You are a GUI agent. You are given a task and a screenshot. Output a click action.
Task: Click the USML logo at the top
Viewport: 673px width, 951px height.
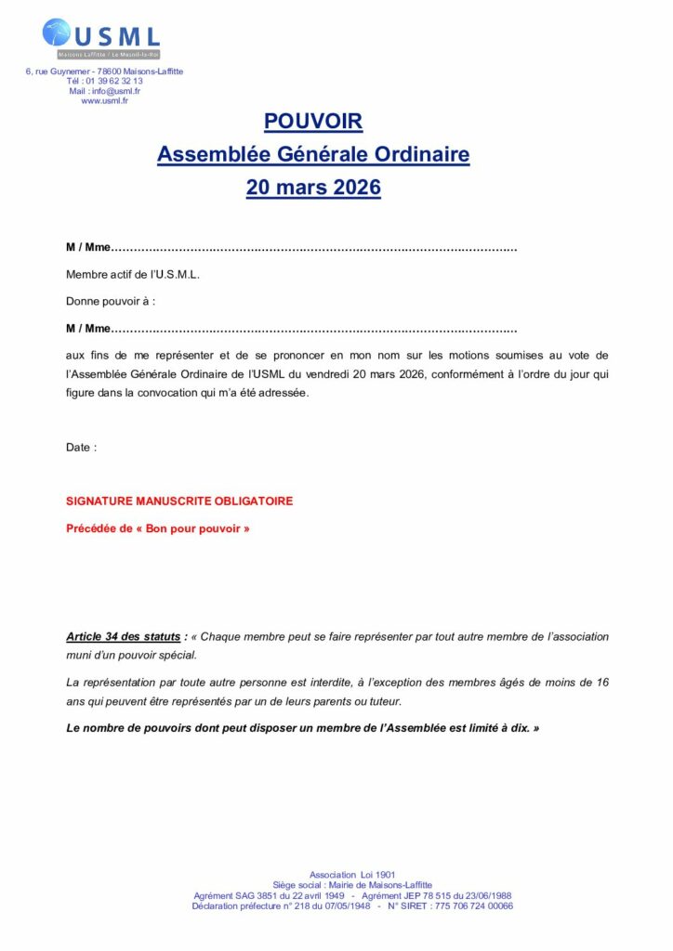coord(101,38)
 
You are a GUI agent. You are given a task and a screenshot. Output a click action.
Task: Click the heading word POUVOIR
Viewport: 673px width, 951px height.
coord(313,122)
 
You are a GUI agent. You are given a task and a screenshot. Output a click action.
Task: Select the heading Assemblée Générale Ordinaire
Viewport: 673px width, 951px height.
coord(313,154)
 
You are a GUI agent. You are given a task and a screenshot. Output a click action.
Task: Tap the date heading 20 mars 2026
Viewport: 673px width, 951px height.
coord(313,187)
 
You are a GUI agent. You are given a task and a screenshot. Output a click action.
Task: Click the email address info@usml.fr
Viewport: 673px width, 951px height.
coord(118,91)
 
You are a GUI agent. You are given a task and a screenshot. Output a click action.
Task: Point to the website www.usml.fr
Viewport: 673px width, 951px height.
coord(105,101)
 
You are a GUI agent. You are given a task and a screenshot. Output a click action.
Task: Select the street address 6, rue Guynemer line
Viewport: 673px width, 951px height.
coord(105,72)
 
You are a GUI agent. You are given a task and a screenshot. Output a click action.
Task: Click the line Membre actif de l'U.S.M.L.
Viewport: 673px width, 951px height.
coord(133,275)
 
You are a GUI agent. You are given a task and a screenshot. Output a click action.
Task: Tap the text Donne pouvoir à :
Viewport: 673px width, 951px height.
coord(111,302)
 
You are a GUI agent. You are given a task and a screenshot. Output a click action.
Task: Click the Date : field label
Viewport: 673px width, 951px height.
coord(81,448)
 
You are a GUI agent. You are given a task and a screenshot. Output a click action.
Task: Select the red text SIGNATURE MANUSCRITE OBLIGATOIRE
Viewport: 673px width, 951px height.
coord(179,502)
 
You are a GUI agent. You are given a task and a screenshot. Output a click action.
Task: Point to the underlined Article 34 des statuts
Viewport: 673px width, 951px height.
coord(123,637)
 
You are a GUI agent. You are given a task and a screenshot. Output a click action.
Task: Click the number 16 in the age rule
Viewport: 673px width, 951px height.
coord(602,683)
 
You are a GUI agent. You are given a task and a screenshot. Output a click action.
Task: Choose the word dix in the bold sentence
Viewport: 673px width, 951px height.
coord(519,728)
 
